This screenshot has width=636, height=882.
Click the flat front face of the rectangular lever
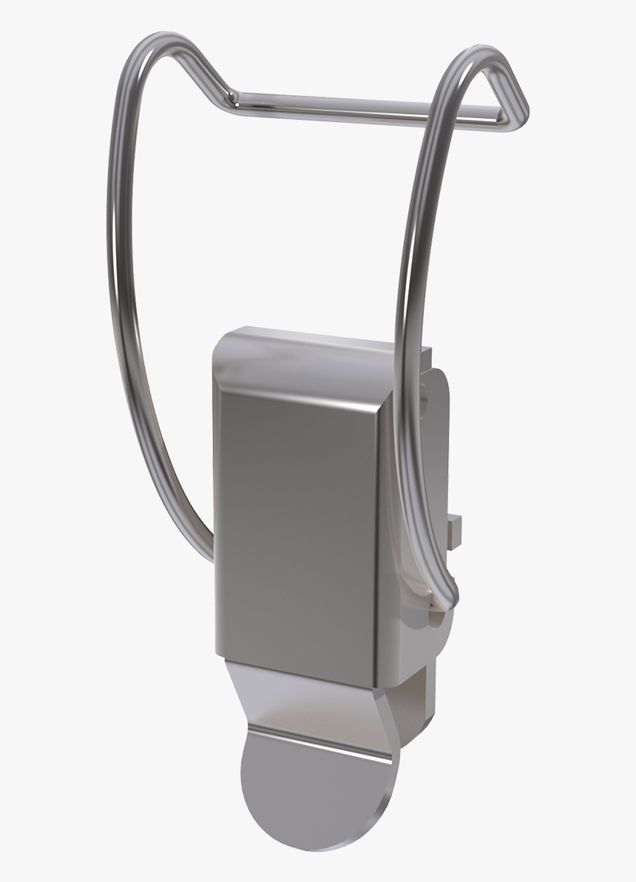296,518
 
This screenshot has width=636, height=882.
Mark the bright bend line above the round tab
318,739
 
